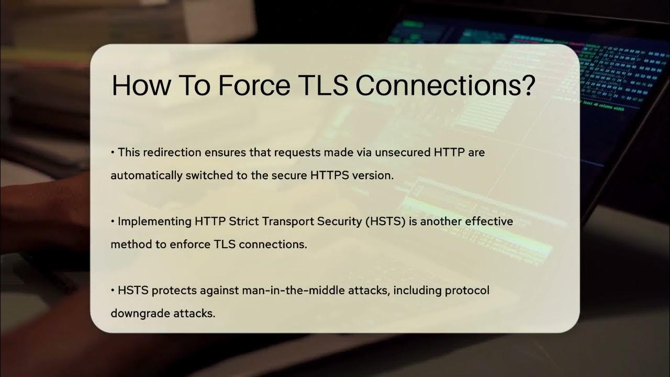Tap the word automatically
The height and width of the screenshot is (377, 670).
[x=146, y=175]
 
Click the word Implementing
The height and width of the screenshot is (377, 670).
[x=154, y=221]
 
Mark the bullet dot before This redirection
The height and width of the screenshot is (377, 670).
[x=113, y=153]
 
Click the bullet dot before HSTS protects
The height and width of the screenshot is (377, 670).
[x=113, y=291]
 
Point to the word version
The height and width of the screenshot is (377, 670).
[x=374, y=175]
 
